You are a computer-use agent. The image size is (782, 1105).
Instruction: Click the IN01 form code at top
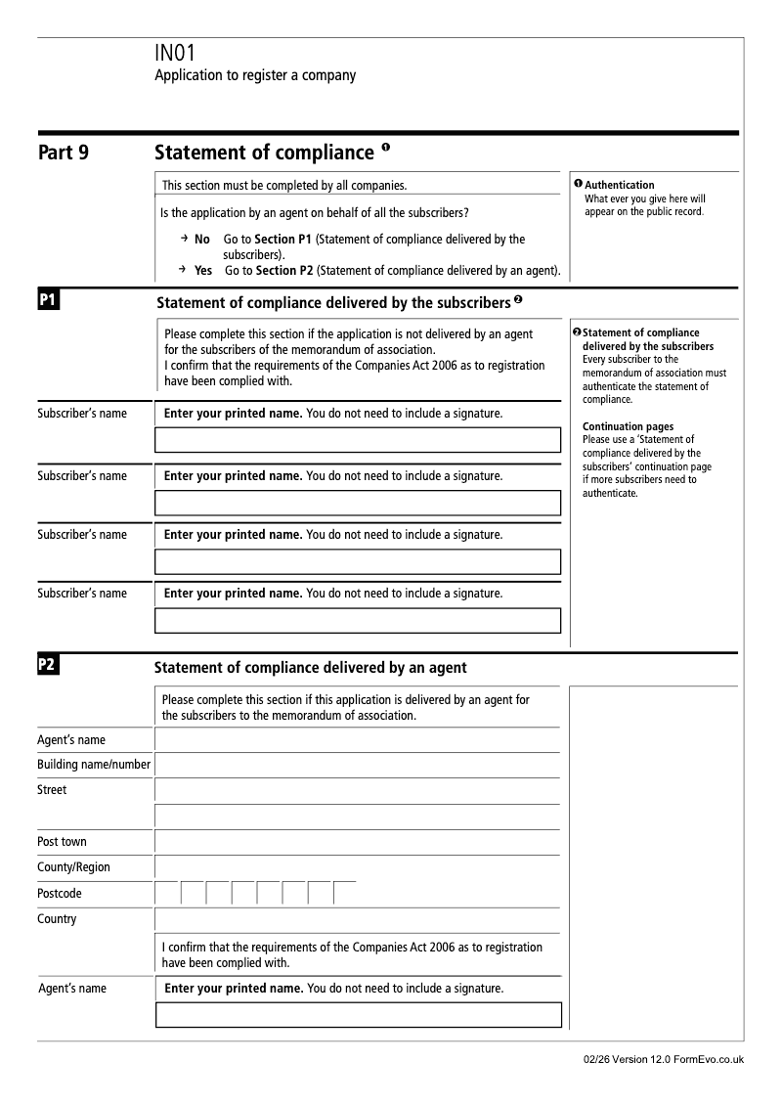(x=176, y=54)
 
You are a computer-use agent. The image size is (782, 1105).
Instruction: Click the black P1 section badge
(x=48, y=300)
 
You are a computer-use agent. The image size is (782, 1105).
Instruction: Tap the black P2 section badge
(x=48, y=666)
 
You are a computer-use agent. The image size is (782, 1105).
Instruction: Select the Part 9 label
(x=64, y=153)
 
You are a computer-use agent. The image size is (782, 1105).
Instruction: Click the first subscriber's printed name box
(x=358, y=440)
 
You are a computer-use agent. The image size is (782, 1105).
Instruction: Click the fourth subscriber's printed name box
(x=358, y=621)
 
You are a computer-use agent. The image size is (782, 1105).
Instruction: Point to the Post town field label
(x=62, y=841)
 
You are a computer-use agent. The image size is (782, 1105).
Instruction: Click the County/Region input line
(x=358, y=867)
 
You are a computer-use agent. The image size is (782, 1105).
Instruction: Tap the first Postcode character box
(x=167, y=893)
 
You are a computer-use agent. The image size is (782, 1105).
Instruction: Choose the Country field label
(x=57, y=919)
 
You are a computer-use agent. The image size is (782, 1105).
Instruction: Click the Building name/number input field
(x=358, y=765)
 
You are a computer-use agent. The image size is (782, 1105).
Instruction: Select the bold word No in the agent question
(x=202, y=240)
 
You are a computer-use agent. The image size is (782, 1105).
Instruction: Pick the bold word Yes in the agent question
(x=203, y=270)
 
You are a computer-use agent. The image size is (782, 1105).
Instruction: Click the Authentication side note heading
(x=620, y=185)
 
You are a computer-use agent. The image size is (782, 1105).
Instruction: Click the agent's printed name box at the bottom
(x=358, y=1015)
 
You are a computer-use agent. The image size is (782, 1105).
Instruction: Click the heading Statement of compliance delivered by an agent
(x=311, y=668)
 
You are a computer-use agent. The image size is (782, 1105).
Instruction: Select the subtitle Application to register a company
(x=255, y=75)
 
